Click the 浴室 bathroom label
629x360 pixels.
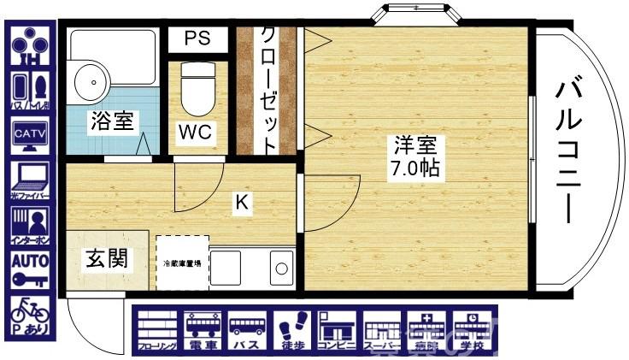[x=112, y=121]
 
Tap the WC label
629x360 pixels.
[x=195, y=133]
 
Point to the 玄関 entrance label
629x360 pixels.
[x=107, y=259]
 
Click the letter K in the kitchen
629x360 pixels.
[x=242, y=203]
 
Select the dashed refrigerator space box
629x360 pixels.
[x=182, y=263]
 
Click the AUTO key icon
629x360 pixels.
[x=29, y=268]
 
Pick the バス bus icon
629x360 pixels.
[x=247, y=332]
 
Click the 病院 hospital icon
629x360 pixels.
[x=426, y=332]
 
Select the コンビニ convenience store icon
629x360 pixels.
[x=338, y=332]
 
